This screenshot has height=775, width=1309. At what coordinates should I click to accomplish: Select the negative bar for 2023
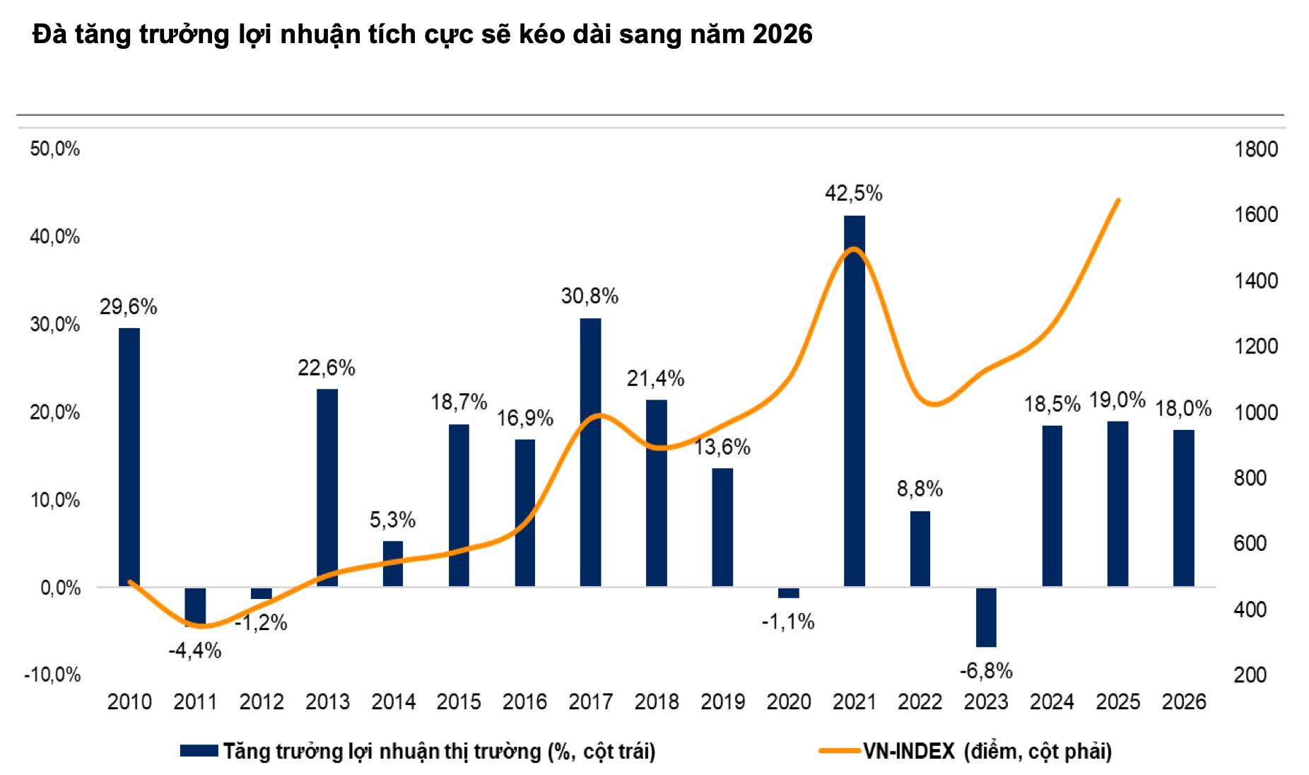click(986, 617)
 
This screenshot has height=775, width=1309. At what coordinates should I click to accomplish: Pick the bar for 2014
click(393, 564)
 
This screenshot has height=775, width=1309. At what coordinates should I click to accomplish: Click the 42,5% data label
click(853, 193)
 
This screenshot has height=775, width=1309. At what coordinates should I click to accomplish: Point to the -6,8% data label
click(986, 670)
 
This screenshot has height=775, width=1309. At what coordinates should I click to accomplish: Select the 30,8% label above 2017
click(589, 296)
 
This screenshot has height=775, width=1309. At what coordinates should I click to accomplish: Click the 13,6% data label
click(722, 447)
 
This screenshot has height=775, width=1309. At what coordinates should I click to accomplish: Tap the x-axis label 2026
click(1184, 701)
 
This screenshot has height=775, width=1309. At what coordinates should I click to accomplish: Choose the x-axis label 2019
click(722, 701)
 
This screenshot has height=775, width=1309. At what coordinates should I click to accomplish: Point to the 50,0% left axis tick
click(54, 148)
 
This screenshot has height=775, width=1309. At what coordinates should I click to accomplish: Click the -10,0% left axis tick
click(52, 675)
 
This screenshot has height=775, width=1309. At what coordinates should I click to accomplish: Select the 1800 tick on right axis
click(1255, 149)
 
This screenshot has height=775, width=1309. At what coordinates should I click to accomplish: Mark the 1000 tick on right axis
click(1255, 412)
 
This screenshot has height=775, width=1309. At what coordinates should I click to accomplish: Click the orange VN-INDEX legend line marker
click(839, 751)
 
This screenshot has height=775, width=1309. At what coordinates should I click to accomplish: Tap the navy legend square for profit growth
click(199, 751)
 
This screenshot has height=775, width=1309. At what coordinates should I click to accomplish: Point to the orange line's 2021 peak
click(854, 249)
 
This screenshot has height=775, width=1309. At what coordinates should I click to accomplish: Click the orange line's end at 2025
click(1118, 200)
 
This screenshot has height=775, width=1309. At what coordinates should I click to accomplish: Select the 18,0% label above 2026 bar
click(1183, 408)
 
